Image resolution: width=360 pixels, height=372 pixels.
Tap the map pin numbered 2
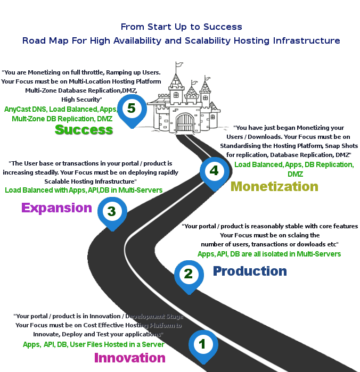point(189,277)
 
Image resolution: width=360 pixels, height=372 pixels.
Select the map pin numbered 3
point(112,213)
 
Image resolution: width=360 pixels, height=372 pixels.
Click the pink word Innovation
point(129,358)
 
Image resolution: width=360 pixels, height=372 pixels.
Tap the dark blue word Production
point(250,271)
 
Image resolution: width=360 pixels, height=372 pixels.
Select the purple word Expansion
point(56,208)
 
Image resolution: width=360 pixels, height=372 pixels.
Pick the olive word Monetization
point(274,186)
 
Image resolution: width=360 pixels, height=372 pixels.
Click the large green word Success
point(84,130)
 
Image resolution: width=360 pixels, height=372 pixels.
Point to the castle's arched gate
point(184,123)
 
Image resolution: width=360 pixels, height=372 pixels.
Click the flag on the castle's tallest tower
point(179,64)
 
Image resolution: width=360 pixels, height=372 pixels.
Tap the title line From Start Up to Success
point(181,27)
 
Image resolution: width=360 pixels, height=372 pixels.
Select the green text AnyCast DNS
point(26,109)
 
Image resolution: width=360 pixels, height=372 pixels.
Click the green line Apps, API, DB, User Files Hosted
point(94,344)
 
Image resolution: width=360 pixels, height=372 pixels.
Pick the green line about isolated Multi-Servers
point(269,254)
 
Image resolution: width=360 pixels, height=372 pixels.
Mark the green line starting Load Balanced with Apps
point(84,190)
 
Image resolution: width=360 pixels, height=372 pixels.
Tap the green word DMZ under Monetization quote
point(295,174)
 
